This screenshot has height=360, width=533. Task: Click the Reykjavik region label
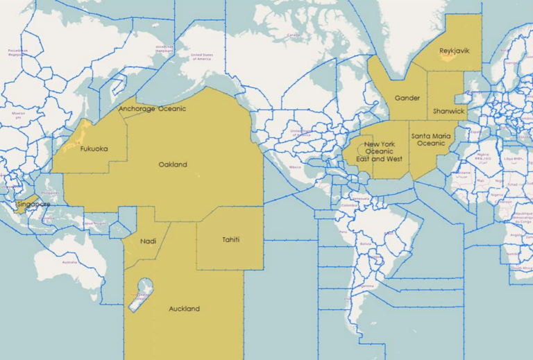pos(455,51)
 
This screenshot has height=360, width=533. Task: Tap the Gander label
pos(407,98)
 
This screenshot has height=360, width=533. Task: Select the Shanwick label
pos(449,111)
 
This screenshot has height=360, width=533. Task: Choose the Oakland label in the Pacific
pos(173,164)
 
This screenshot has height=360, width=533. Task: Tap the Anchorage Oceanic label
pos(152,109)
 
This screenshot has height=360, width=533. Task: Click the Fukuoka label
pos(94,148)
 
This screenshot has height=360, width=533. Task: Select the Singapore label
pos(33,205)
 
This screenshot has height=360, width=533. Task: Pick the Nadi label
pos(148,241)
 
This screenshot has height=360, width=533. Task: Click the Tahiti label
pos(231,239)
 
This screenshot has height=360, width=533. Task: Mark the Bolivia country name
pos(366,243)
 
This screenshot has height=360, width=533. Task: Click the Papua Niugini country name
pos(88,223)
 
